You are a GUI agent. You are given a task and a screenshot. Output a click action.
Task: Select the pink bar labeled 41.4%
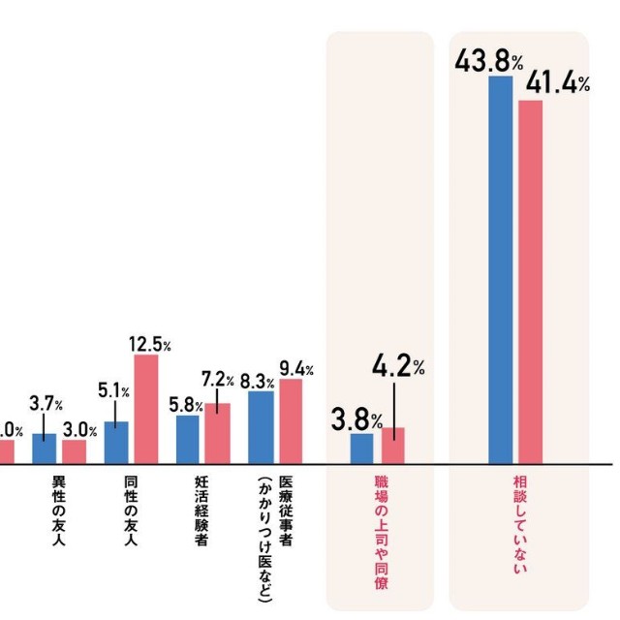point(531,281)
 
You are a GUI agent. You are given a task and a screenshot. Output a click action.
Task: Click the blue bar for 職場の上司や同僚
point(361,448)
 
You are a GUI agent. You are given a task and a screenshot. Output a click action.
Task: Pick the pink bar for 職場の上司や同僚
point(392,445)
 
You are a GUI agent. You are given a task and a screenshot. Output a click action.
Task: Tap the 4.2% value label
point(397,367)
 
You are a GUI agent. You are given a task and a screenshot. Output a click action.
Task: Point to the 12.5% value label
point(149,345)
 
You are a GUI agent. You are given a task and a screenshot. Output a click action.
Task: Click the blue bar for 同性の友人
point(116,442)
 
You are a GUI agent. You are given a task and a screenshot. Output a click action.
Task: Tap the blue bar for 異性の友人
point(45,448)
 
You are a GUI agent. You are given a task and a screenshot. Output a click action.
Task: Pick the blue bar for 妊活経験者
point(188,439)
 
